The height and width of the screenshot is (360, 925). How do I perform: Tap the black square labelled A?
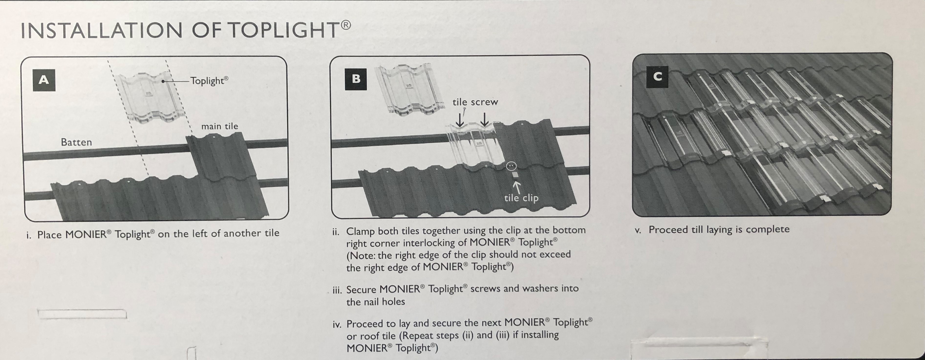(x=44, y=80)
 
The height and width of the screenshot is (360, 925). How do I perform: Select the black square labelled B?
(x=355, y=79)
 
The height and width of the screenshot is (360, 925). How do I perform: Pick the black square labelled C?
(x=657, y=77)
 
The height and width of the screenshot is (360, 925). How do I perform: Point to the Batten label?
(x=76, y=142)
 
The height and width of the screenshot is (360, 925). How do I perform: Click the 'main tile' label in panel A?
(x=219, y=126)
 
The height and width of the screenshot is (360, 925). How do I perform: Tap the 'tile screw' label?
(x=475, y=102)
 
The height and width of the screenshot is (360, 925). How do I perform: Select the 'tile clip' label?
(x=521, y=198)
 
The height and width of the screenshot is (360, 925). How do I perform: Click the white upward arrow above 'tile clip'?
(x=517, y=187)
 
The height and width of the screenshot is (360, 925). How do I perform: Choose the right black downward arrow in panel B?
(x=484, y=120)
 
